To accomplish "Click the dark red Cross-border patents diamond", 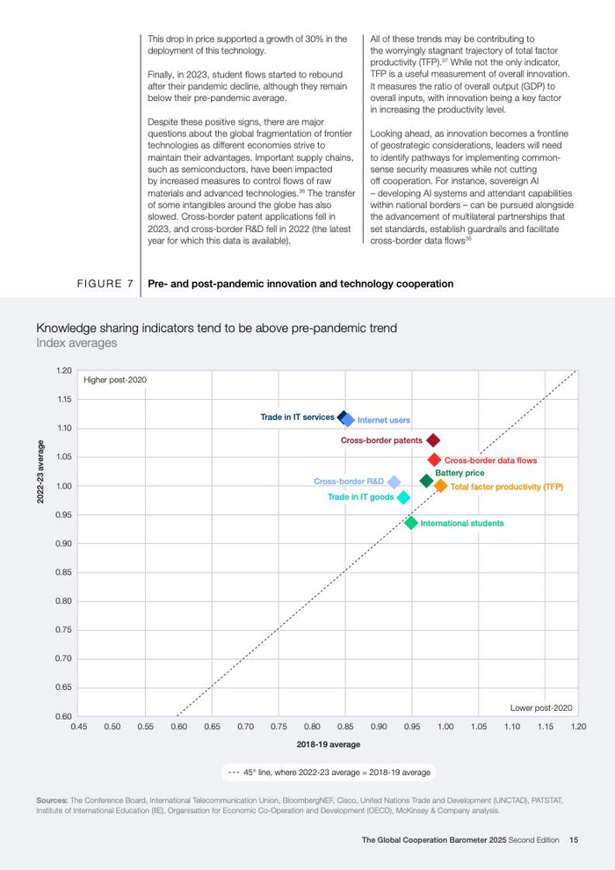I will pos(432,440).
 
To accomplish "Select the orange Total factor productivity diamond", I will pos(441,486).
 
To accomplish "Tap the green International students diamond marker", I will pos(411,523).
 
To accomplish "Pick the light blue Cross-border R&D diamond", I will pos(394,482).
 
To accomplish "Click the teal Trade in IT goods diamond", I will pos(403,497).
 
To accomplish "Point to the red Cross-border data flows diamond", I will pos(434,460).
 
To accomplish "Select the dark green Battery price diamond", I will pos(427,480).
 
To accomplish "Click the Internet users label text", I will pos(383,421).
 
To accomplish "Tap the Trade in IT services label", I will pos(297,417).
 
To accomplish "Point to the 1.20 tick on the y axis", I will pos(63,371).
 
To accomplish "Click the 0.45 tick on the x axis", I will pos(79,727).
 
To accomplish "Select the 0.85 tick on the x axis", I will pos(345,727).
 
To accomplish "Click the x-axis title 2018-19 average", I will pos(329,744).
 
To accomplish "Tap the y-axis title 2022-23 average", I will pos(40,472).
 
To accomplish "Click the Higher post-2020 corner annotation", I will pos(115,380).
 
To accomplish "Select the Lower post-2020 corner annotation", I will pos(541,707).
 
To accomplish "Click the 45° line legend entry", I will pos(329,772).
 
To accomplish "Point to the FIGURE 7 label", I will pos(105,284).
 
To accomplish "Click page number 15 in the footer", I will pos(574,840).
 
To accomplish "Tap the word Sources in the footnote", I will pos(52,801).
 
